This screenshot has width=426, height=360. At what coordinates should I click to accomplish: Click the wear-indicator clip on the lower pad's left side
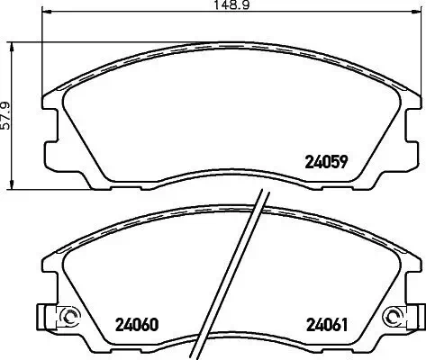pos(45,316)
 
